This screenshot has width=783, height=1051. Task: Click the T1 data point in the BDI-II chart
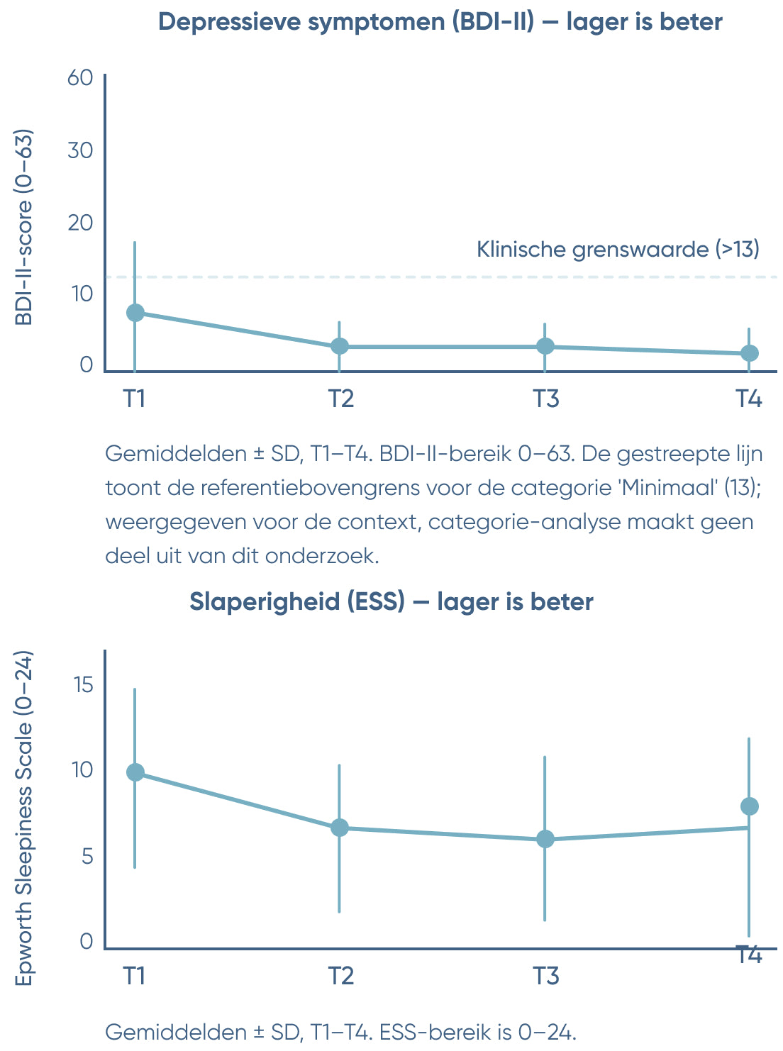[135, 313]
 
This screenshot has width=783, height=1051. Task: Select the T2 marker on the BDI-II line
[340, 346]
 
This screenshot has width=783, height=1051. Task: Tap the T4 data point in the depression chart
[750, 353]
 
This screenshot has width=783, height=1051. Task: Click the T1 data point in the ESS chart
[135, 772]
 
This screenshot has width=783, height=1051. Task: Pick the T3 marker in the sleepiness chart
[545, 839]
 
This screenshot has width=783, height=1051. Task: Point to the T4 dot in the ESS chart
[750, 806]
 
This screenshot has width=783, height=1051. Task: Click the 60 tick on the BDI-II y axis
[80, 77]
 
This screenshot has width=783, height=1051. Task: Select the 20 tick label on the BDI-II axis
[80, 223]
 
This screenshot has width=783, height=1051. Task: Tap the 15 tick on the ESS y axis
[83, 685]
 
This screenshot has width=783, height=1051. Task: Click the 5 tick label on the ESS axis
[87, 856]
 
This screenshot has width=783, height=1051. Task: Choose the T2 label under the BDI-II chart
[340, 399]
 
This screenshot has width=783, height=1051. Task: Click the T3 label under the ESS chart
[546, 977]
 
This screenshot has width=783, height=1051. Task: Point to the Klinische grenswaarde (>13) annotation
[618, 250]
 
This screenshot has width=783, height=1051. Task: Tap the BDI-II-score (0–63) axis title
[25, 227]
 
